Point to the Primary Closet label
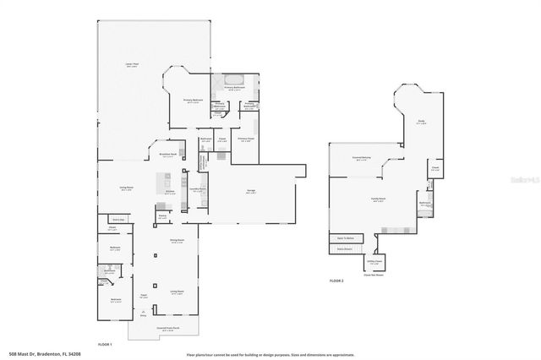coord(246,139)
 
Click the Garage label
coord(251,191)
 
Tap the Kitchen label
coord(170,192)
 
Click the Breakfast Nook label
coord(167,154)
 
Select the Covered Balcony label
coord(361,158)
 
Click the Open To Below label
coord(345,239)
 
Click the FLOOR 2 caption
coord(336,280)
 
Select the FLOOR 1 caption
coord(106,344)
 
